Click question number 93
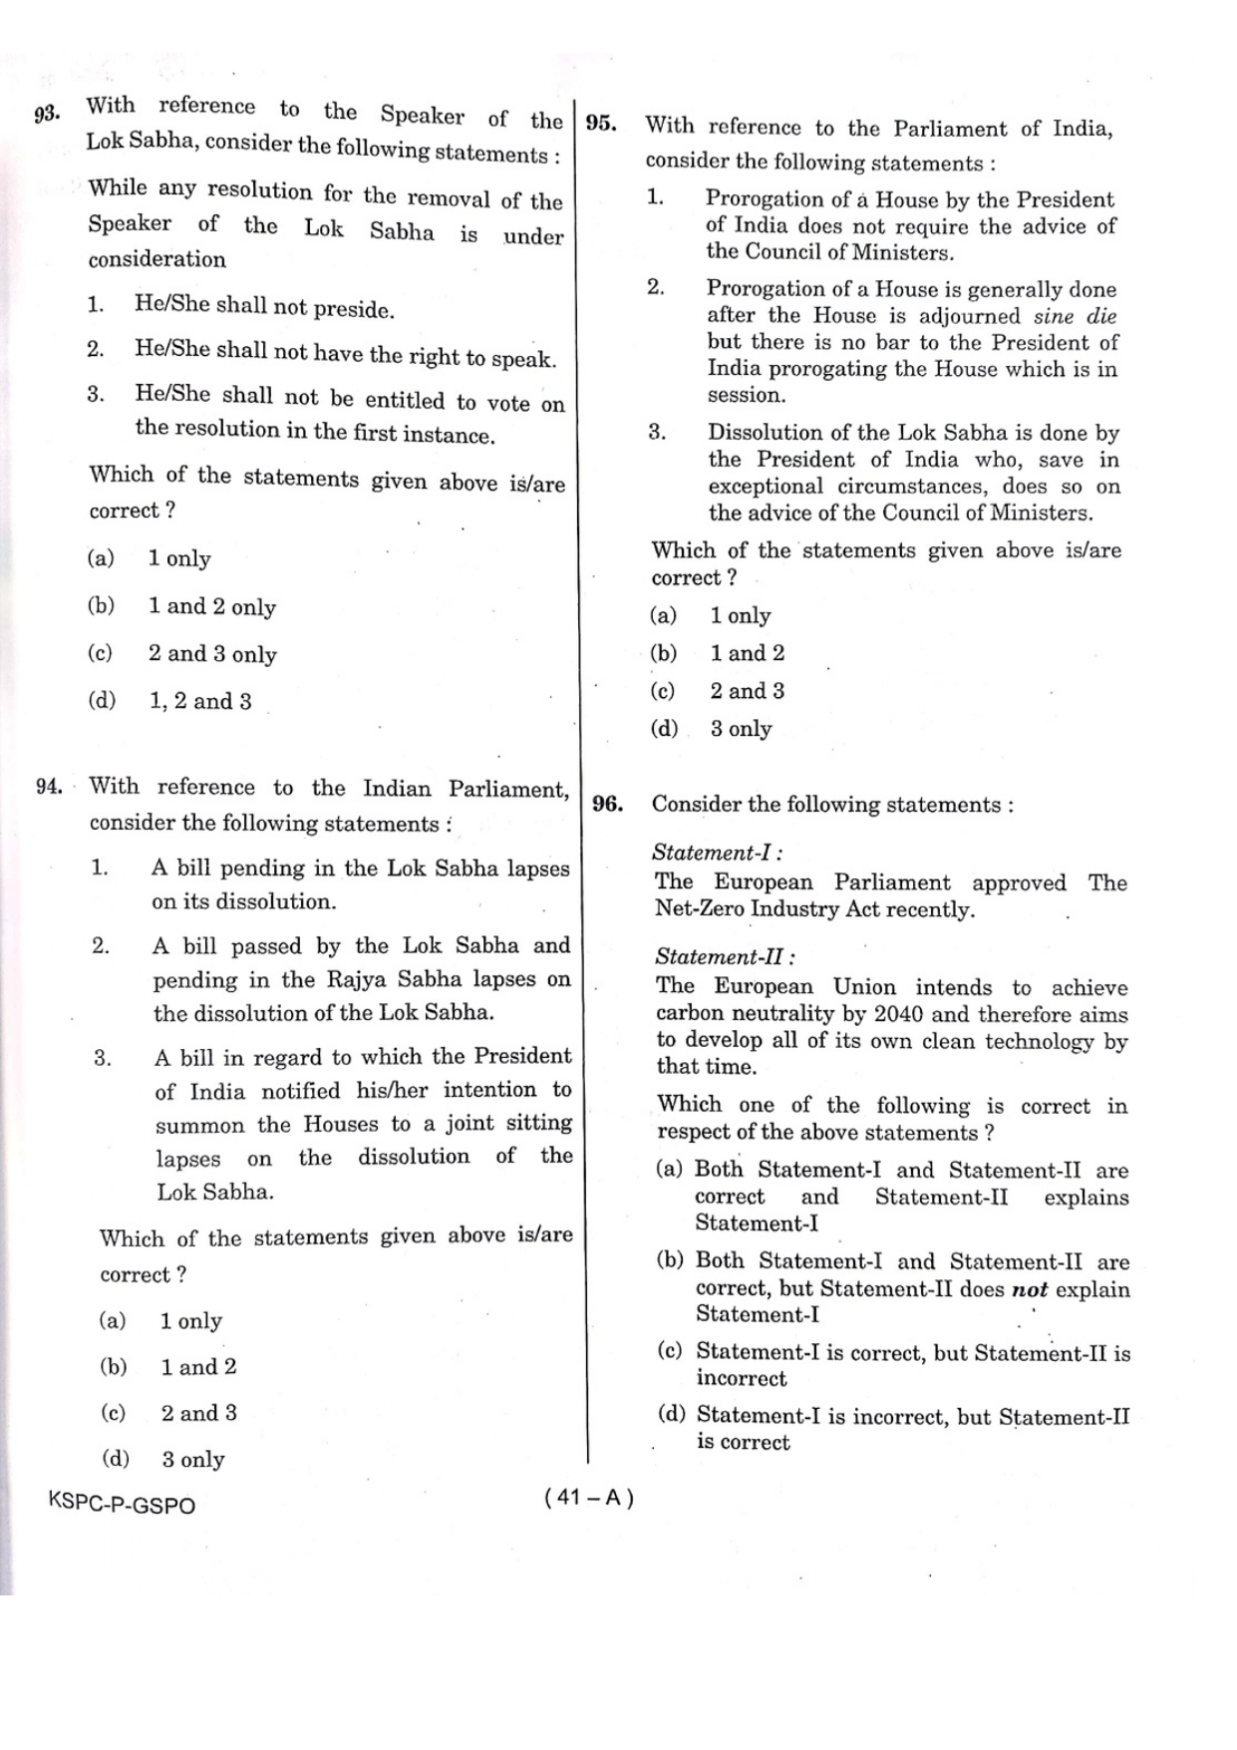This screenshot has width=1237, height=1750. (x=47, y=115)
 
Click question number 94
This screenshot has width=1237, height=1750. (x=49, y=787)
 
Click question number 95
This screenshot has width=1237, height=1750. (x=601, y=124)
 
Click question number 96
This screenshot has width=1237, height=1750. (x=607, y=805)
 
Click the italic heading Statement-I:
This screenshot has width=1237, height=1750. (x=717, y=853)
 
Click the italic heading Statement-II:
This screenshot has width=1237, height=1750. (x=725, y=957)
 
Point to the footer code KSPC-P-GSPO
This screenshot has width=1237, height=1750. (x=122, y=1505)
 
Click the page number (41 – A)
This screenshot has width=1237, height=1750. (x=589, y=1498)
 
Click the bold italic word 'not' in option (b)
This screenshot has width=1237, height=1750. (x=1030, y=1289)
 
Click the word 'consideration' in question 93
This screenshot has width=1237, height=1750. (x=156, y=259)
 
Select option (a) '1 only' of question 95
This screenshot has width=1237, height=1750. (x=740, y=616)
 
